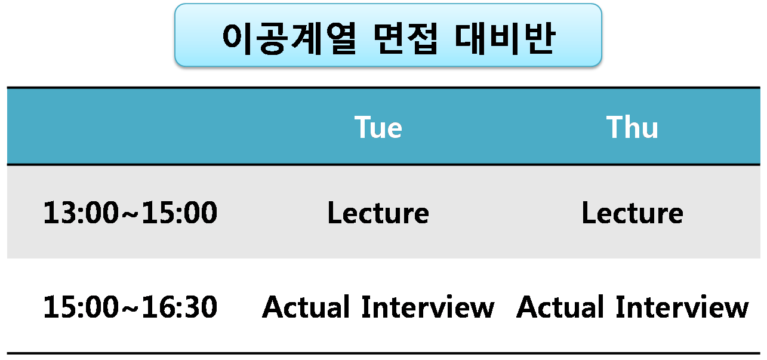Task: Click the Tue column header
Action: tap(378, 127)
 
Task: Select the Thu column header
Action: tap(632, 127)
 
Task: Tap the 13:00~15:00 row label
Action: tap(130, 213)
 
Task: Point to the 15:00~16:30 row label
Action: tap(130, 306)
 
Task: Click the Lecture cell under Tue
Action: tap(378, 213)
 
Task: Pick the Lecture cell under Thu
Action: tap(633, 213)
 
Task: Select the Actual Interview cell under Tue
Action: tap(378, 306)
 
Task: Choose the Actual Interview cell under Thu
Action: tap(633, 306)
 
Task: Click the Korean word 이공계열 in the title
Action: tap(289, 38)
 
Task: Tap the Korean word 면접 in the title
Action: tap(405, 38)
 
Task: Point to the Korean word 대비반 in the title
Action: tap(504, 38)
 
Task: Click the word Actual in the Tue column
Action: tap(306, 306)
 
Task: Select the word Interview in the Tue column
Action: tap(428, 306)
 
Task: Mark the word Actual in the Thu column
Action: tap(560, 306)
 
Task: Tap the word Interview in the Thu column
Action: tap(682, 306)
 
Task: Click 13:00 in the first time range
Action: tap(81, 213)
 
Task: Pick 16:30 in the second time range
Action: tap(180, 306)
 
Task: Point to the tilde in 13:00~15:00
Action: tap(130, 214)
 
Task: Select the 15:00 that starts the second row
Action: tap(81, 306)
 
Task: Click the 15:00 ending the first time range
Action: tap(180, 213)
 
